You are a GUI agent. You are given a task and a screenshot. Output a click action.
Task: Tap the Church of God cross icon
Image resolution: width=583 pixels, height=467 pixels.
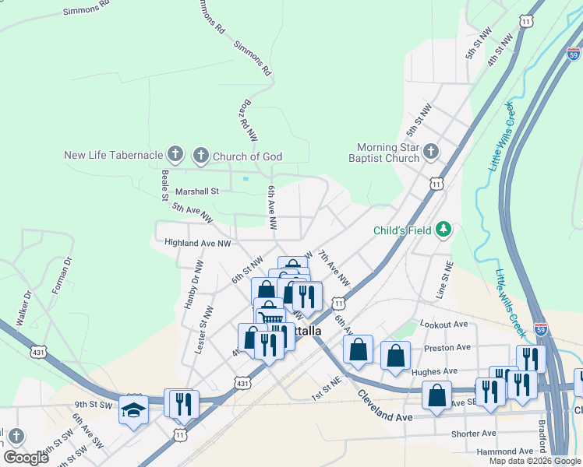point(200,156)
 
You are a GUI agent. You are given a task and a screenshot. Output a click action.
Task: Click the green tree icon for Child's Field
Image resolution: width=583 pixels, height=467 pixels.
point(443,229)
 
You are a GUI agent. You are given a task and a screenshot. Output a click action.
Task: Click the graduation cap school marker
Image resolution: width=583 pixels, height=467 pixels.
point(133,409)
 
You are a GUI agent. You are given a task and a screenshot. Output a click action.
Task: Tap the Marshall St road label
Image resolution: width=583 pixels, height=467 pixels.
point(197,191)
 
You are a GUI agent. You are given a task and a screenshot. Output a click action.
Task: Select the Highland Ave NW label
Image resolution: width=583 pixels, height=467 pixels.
point(198,243)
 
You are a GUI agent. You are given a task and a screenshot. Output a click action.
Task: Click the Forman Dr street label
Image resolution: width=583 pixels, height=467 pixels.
point(62,276)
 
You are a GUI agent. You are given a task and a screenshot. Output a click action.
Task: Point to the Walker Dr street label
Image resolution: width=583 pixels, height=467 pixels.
point(23,308)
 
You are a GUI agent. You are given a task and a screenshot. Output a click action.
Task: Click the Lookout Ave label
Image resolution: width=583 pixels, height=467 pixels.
point(443,324)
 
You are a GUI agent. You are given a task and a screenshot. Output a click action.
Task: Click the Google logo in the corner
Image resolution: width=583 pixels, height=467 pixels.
point(26,458)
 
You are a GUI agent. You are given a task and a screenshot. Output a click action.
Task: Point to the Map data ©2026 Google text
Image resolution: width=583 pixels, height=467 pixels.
point(535,461)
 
